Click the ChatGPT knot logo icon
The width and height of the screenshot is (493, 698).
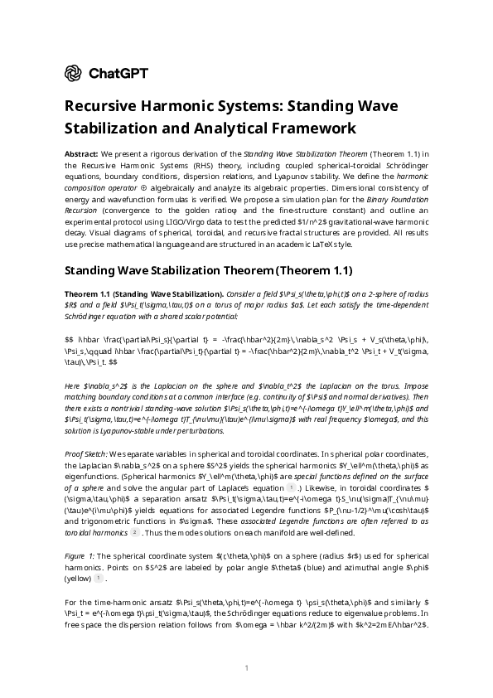73,74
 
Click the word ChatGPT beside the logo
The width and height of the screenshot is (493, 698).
118,74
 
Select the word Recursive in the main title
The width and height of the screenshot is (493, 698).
102,107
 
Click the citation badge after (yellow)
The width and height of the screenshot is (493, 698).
97,577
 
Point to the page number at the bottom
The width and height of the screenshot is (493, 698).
246,667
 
